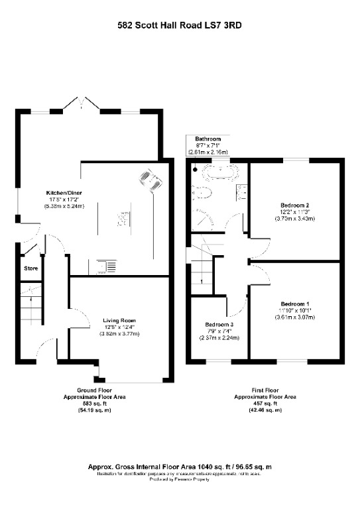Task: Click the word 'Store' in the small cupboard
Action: click(31, 268)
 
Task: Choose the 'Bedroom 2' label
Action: click(295, 205)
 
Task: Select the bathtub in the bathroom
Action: click(218, 174)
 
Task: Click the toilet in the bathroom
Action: click(204, 194)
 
